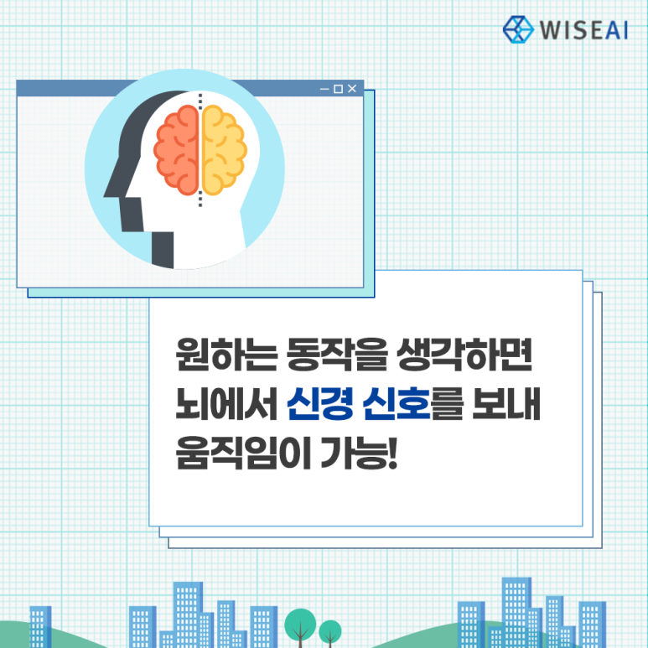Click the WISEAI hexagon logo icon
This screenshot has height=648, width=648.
pyautogui.click(x=518, y=29)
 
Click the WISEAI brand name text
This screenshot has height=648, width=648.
pyautogui.click(x=584, y=30)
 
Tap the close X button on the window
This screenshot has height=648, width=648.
pyautogui.click(x=352, y=88)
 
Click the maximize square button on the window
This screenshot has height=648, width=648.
pyautogui.click(x=339, y=89)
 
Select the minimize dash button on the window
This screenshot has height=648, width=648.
pyautogui.click(x=324, y=89)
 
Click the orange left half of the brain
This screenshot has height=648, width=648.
pyautogui.click(x=177, y=149)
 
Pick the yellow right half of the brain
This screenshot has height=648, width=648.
pyautogui.click(x=224, y=149)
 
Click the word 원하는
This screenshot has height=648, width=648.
pyautogui.click(x=226, y=355)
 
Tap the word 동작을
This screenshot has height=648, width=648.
pyautogui.click(x=337, y=355)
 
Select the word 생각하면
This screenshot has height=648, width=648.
pyautogui.click(x=464, y=355)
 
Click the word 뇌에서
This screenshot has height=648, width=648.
pyautogui.click(x=226, y=404)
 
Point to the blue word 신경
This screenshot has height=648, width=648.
pyautogui.click(x=320, y=404)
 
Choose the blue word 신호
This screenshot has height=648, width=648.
pyautogui.click(x=397, y=404)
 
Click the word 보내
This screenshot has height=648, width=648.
pyautogui.click(x=506, y=404)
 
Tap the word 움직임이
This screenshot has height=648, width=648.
pyautogui.click(x=243, y=453)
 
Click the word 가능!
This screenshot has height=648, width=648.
pyautogui.click(x=359, y=453)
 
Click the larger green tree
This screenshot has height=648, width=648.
pyautogui.click(x=300, y=627)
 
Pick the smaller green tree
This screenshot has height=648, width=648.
pyautogui.click(x=330, y=633)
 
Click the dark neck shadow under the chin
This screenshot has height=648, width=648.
pyautogui.click(x=163, y=250)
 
